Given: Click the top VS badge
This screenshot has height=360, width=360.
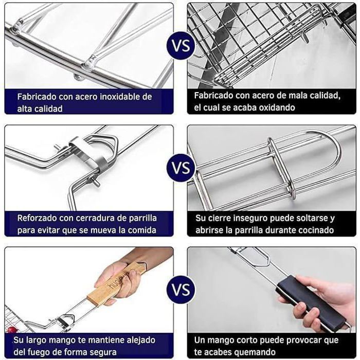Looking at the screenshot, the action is tap(181, 45).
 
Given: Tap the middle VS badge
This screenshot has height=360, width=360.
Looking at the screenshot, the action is tap(181, 168).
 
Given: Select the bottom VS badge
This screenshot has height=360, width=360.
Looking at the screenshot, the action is tap(181, 289).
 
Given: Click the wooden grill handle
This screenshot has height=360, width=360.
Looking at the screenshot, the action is tap(116, 285).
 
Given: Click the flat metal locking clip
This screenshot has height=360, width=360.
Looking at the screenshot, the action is tap(89, 153).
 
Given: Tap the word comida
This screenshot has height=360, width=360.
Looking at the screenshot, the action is tap(142, 230).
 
